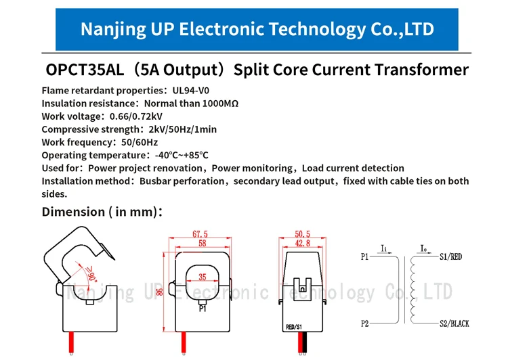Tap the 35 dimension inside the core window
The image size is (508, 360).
point(203,277)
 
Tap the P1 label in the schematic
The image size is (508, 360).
point(366,257)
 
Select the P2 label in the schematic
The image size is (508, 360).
point(366,323)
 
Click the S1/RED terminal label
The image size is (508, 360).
point(451,257)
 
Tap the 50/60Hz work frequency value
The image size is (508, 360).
point(138,142)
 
